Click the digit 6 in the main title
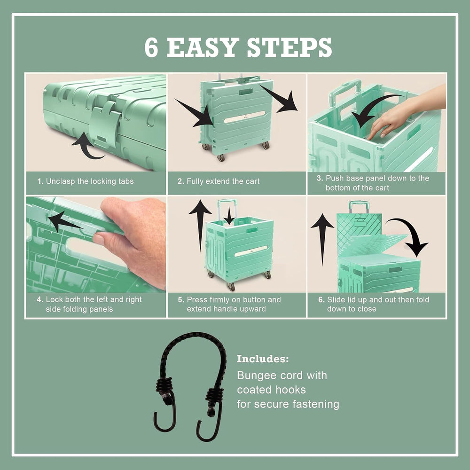click(x=151, y=47)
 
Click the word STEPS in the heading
click(x=289, y=47)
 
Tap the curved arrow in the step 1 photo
click(x=87, y=147)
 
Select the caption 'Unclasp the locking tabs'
click(x=90, y=181)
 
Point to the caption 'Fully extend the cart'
click(x=223, y=181)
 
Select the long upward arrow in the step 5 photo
click(x=200, y=225)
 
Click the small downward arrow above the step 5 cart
click(x=229, y=216)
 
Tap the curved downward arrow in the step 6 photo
click(x=411, y=234)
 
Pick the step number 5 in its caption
click(x=181, y=300)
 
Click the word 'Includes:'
click(x=263, y=359)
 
